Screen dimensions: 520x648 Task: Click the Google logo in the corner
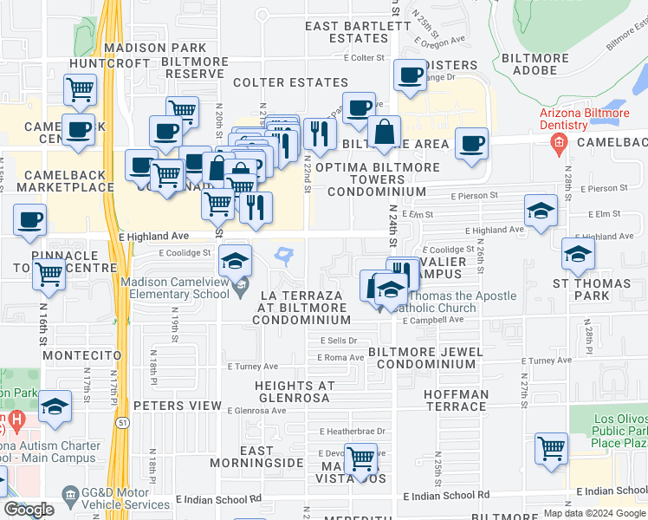29,510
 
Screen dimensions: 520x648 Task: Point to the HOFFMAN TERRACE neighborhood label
456,400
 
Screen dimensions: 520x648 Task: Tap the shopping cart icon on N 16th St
49,275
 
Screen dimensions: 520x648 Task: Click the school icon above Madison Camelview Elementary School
235,260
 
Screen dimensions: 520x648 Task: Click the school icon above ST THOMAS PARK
578,253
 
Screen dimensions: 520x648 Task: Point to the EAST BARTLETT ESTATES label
358,32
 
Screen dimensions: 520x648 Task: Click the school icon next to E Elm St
541,211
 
